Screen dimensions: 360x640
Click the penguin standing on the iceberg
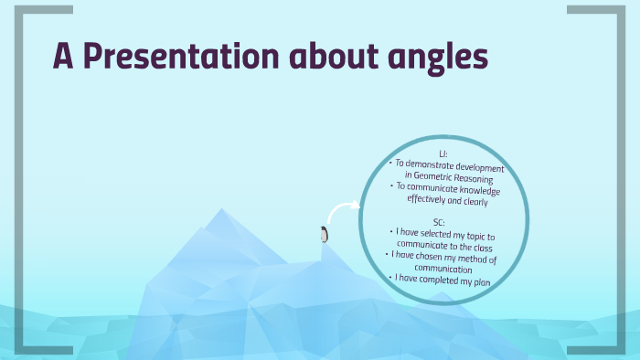click(324, 235)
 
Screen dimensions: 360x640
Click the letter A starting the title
click(62, 58)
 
